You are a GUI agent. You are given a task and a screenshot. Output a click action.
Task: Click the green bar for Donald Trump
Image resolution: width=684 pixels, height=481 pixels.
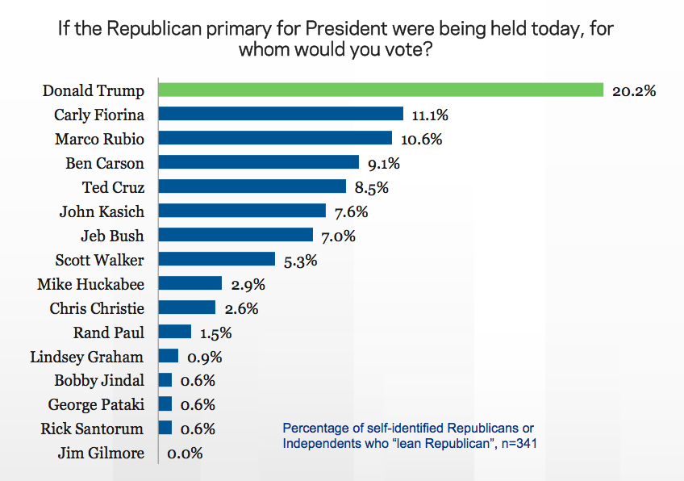(x=381, y=90)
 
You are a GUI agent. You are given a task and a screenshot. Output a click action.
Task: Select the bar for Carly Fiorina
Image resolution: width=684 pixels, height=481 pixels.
(x=281, y=114)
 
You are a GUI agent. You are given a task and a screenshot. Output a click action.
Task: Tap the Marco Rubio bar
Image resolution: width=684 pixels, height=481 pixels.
(x=275, y=138)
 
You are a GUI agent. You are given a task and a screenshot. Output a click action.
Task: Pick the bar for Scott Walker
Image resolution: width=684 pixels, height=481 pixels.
(x=217, y=259)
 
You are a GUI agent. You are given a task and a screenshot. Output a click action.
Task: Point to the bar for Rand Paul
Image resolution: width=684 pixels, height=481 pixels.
(x=175, y=332)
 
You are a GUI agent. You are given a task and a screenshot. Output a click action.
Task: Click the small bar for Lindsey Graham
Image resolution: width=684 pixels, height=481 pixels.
(x=169, y=356)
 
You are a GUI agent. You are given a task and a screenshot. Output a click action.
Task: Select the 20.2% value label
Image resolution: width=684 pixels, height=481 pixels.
(x=633, y=90)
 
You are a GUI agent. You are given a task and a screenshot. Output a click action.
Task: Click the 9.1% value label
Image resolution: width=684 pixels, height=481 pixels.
(x=383, y=164)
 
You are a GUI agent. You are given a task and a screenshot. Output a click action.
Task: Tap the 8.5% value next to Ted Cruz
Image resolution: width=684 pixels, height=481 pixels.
(x=371, y=188)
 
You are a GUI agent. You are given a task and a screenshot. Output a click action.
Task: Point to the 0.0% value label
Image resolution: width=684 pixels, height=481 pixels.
(x=185, y=454)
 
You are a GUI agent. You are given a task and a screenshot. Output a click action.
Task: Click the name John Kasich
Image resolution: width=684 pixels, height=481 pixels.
(x=102, y=211)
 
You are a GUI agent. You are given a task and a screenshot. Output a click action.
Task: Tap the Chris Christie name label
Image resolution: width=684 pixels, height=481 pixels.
(x=97, y=308)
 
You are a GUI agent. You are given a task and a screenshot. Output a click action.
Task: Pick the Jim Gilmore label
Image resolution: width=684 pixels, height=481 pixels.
(x=101, y=453)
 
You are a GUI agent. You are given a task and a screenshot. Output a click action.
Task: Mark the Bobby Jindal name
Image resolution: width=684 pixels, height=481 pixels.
(x=99, y=380)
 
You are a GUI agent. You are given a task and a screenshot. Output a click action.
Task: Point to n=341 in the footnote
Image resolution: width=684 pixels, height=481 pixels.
(x=517, y=442)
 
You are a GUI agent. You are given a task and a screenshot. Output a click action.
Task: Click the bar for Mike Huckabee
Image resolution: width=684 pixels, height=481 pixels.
(x=190, y=283)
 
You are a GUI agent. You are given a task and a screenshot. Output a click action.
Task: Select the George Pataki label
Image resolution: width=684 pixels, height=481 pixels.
(x=96, y=404)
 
